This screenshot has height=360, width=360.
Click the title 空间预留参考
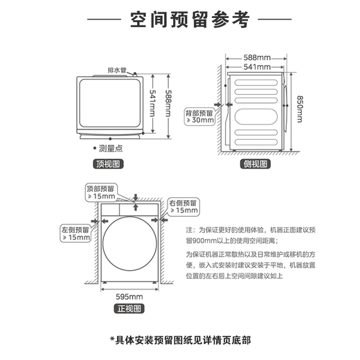click(x=179, y=20)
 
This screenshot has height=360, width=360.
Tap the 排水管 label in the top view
click(x=116, y=70)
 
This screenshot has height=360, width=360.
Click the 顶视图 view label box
click(x=108, y=164)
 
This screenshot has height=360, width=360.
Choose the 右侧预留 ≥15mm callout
click(x=183, y=206)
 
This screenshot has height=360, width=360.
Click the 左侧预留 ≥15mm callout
click(x=75, y=233)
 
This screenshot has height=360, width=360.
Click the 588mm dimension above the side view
click(x=257, y=57)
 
